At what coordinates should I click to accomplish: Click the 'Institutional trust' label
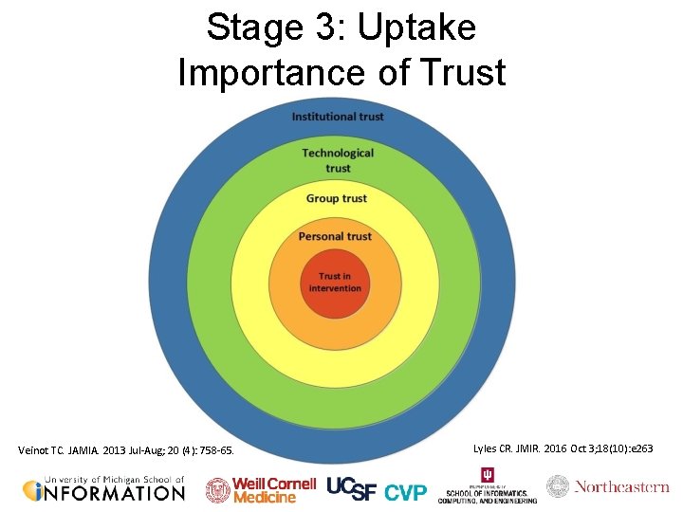click(338, 117)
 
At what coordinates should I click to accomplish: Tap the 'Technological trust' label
click(338, 160)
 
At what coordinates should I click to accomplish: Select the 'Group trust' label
click(337, 198)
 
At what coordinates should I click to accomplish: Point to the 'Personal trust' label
click(335, 236)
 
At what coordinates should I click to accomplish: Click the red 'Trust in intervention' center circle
click(334, 283)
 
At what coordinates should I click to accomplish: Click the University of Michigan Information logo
click(103, 488)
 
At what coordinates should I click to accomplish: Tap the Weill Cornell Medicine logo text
click(275, 489)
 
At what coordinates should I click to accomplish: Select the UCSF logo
click(352, 487)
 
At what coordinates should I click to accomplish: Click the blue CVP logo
click(405, 492)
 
